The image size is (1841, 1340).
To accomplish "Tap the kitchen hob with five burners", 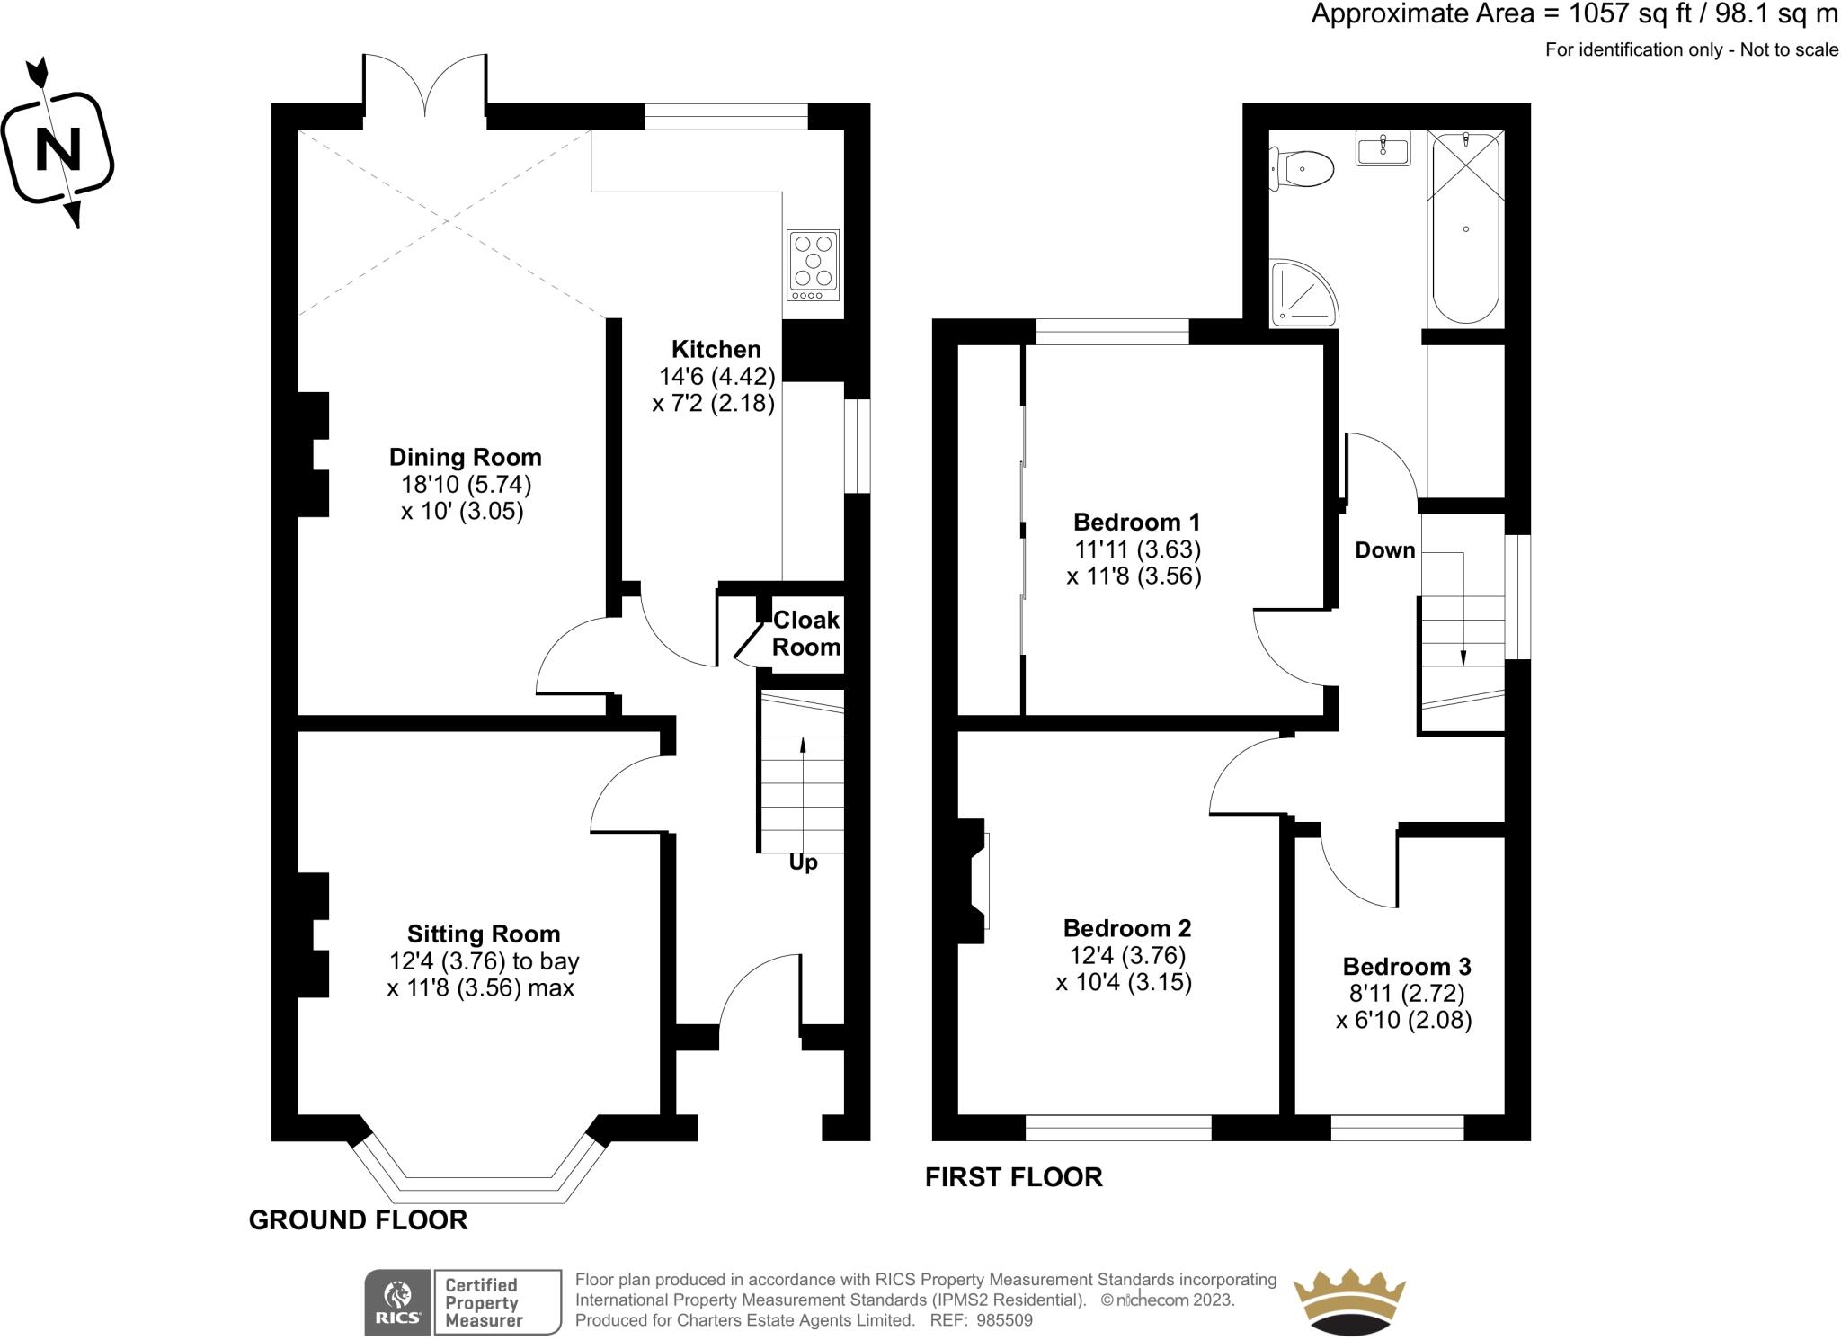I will coord(814,264).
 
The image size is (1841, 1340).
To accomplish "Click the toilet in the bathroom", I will coord(1303,169).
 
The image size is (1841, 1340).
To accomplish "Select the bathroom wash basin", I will coord(1383,148).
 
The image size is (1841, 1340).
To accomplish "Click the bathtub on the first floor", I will coord(1465,228).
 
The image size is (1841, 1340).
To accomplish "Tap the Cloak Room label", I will coord(806,633).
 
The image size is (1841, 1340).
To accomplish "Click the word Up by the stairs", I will coord(803,862).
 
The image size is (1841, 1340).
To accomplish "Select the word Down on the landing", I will coord(1384,550).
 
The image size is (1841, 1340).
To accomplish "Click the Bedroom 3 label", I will coord(1406,967).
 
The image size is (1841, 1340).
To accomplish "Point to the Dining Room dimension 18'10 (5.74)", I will coord(466,485).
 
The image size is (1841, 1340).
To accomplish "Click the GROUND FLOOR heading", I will coord(358,1220).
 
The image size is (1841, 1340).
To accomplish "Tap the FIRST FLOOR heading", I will coord(1013,1177).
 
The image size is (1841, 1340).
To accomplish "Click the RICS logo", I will coord(396,1301).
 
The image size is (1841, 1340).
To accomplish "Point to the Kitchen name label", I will coord(716,349).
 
